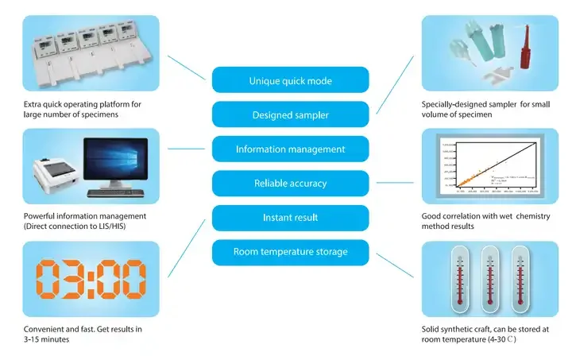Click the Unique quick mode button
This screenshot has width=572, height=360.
click(290, 80)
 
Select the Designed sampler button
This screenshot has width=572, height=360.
click(290, 114)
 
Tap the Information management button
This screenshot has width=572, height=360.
click(290, 149)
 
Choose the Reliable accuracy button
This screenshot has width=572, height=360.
click(290, 183)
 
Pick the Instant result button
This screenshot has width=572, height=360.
click(290, 217)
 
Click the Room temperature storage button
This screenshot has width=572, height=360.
click(290, 252)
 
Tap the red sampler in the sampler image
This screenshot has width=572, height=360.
click(525, 53)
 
